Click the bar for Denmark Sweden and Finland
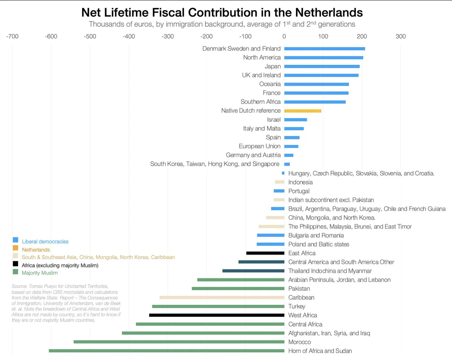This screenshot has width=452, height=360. pos(325,49)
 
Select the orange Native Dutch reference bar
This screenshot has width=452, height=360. pos(303,111)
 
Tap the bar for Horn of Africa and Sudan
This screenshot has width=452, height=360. pos(167,351)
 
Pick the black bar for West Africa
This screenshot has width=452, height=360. pos(217,315)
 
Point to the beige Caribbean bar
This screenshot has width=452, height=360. pos(222,298)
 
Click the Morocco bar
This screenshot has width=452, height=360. pos(179,342)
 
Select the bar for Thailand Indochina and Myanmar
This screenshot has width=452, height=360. pos(253,271)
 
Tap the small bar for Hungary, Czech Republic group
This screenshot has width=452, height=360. pos(283,173)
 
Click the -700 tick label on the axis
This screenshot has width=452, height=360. pos(12,36)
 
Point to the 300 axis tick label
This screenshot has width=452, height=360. pos(401,36)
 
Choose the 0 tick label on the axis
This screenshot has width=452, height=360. pos(284,36)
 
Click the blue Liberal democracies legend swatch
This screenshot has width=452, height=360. pos(15,240)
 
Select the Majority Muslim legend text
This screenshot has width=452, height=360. pos(40,273)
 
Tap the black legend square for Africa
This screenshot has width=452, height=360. pos(15,264)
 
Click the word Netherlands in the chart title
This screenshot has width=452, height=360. pos(329,13)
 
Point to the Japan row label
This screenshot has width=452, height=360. pos(273,66)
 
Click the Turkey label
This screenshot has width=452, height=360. pos(297,306)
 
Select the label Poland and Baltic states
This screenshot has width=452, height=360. pos(318,244)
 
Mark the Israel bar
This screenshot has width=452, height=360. pos(295,120)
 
